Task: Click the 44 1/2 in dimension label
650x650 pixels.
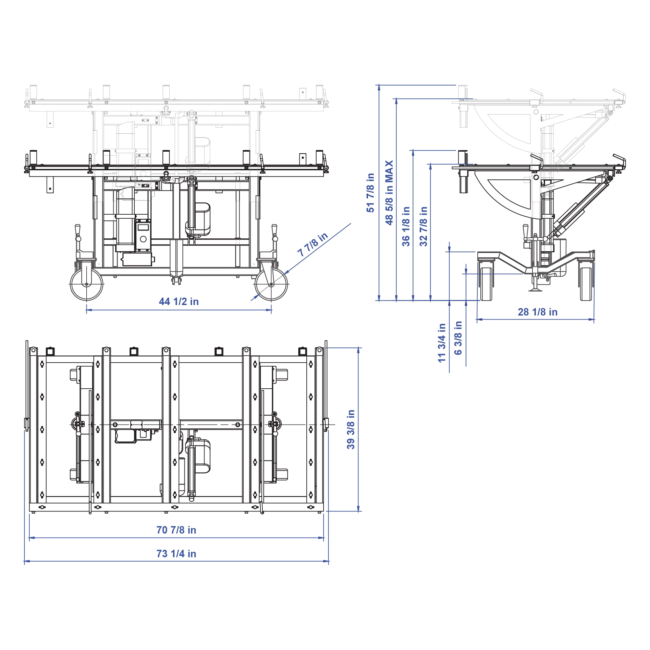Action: tap(179, 302)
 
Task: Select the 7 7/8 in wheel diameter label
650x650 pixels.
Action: tap(312, 244)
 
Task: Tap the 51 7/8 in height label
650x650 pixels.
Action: tap(370, 193)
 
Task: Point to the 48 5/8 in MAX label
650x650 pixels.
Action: tap(389, 193)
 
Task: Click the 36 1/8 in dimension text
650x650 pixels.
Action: tap(406, 226)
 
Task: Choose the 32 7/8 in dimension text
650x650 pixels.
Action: tap(423, 226)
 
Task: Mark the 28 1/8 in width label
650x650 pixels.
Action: tap(538, 312)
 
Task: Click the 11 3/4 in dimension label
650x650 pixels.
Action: tap(442, 343)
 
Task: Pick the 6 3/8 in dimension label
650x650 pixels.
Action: tap(458, 338)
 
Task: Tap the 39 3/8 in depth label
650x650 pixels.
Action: tap(351, 429)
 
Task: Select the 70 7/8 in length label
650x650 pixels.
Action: tap(176, 530)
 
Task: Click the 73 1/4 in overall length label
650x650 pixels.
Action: tap(176, 554)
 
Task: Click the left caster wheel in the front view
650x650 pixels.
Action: tap(86, 284)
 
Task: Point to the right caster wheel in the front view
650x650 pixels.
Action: tap(271, 284)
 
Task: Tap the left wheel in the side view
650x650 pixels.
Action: tap(486, 284)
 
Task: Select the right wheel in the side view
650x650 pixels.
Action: tap(586, 284)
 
